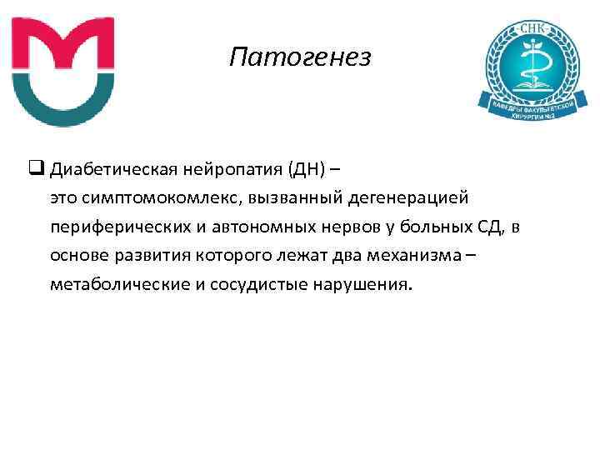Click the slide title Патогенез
[x=299, y=57]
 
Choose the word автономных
[x=261, y=227]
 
